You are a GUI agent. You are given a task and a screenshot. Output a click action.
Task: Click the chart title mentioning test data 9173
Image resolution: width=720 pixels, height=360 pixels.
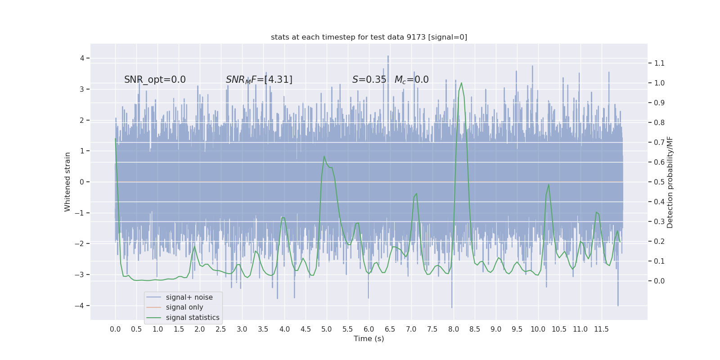369,37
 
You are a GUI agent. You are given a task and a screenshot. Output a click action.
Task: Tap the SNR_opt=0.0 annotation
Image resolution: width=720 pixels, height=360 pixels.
155,80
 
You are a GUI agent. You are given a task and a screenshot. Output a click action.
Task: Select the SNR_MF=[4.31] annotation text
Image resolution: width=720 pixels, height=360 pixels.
259,80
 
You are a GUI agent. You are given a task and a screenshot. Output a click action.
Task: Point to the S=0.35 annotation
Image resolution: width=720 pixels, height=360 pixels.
369,80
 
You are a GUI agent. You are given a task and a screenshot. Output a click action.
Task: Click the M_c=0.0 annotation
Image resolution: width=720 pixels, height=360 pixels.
411,80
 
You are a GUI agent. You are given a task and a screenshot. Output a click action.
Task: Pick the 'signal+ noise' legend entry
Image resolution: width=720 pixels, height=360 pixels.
189,297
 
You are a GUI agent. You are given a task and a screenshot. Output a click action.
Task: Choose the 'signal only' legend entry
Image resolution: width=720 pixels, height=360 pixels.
184,307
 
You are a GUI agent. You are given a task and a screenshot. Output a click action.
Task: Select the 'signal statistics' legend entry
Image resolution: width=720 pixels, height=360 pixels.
193,318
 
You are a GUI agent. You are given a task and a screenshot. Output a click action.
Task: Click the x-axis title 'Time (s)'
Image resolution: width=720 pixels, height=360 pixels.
369,338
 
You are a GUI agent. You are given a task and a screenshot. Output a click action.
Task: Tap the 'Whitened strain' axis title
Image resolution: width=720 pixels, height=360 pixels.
67,182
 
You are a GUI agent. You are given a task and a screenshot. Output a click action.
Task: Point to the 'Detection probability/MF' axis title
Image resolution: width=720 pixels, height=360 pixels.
670,182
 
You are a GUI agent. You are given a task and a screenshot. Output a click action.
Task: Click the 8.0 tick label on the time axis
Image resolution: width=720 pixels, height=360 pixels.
454,329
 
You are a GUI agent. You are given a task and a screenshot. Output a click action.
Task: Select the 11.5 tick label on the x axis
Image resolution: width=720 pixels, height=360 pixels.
601,329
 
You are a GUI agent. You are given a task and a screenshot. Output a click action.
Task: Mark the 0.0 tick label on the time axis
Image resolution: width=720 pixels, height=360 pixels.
115,329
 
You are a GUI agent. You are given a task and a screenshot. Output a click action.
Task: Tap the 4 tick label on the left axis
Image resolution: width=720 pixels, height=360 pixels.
82,58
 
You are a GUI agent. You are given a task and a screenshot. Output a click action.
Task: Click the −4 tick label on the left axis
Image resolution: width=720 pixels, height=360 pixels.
80,306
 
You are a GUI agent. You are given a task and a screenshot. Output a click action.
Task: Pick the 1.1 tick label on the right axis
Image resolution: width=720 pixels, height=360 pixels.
659,63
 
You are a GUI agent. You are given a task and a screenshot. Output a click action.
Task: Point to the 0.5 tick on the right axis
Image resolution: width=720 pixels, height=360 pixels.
659,182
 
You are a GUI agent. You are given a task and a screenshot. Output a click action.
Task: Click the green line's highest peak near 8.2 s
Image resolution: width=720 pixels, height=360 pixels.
461,83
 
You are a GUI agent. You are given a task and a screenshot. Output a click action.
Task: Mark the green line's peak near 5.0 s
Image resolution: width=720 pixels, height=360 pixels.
324,157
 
